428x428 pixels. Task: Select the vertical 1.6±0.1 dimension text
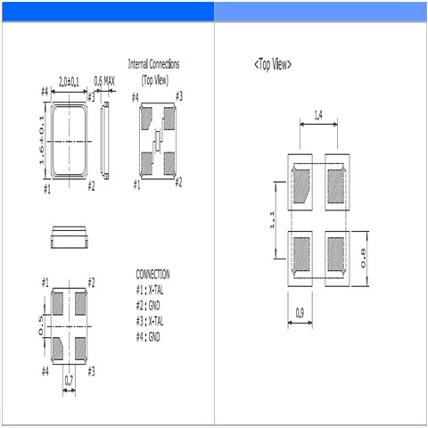(41, 139)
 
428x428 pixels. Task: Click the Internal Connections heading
(153, 64)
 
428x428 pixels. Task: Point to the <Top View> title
(272, 64)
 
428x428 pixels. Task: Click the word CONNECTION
(152, 275)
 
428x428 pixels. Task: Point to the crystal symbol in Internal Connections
(157, 139)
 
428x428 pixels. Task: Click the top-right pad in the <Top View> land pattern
(335, 185)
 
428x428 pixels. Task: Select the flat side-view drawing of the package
(69, 236)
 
